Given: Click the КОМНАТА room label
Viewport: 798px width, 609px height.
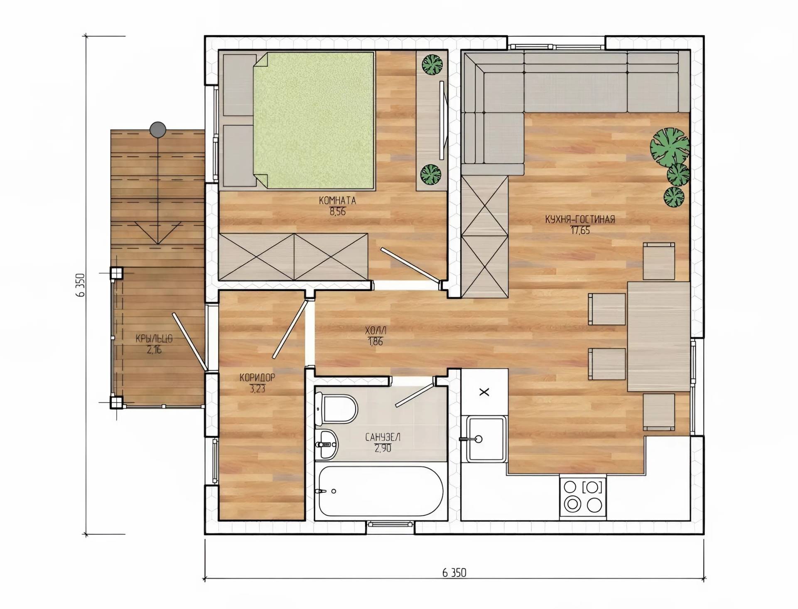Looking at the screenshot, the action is [x=337, y=201].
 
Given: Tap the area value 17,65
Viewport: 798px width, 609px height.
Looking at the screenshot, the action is [x=580, y=231].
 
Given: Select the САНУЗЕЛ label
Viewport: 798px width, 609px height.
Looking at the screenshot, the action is [x=383, y=437].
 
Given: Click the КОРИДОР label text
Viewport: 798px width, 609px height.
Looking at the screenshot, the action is [x=257, y=378].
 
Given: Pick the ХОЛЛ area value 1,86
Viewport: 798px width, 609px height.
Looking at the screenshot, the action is [x=375, y=342].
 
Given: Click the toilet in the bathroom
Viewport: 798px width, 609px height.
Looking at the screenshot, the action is [x=336, y=408].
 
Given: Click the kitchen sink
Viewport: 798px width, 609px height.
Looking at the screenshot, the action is [x=485, y=439].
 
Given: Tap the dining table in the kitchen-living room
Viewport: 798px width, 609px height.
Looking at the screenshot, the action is [x=658, y=336].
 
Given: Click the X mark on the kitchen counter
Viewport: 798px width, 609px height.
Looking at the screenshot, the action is [x=484, y=392].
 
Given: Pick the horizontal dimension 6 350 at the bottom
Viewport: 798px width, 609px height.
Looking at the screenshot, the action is [x=454, y=573].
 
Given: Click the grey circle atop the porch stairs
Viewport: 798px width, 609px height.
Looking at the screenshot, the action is [x=158, y=130].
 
